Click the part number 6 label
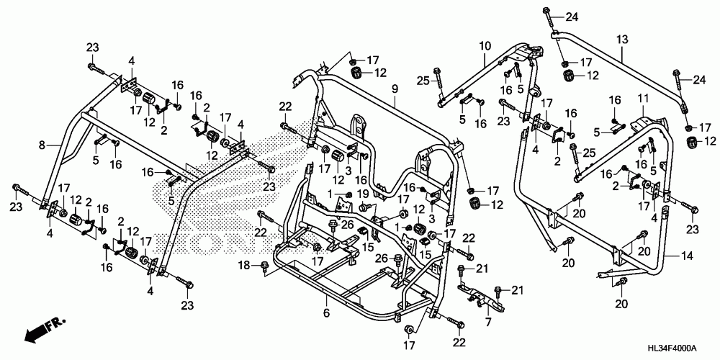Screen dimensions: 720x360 (x=326, y=313)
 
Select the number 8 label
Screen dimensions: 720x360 (x=42, y=145)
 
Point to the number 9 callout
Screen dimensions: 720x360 (x=394, y=90)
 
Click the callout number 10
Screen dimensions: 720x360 (x=485, y=46)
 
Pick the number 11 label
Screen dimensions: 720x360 (x=643, y=98)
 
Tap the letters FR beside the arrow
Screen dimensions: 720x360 (x=57, y=322)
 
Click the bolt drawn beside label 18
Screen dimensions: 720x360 (x=264, y=266)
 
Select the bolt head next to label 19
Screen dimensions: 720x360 (x=363, y=207)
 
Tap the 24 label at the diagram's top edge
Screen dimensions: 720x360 (x=571, y=18)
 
